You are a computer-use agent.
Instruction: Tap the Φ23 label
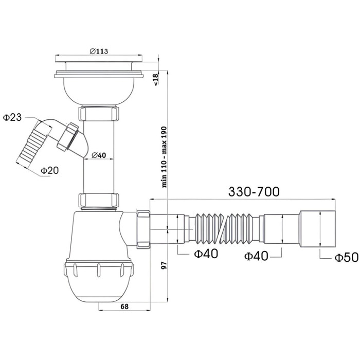click(12, 118)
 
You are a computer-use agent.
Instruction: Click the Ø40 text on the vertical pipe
click(99, 154)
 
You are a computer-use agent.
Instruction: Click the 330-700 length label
click(254, 191)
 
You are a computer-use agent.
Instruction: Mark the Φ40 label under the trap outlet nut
click(205, 253)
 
